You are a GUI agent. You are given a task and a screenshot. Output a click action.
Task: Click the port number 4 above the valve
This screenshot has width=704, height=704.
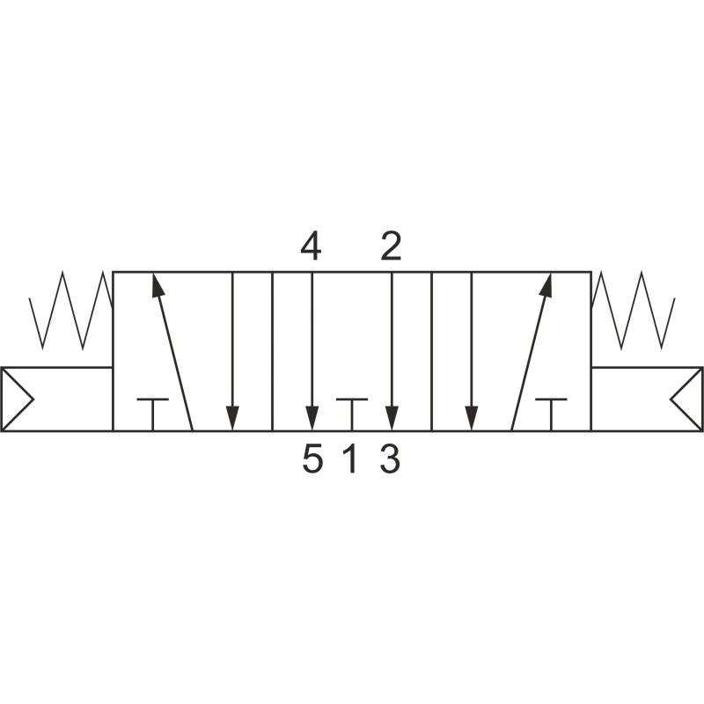(312, 246)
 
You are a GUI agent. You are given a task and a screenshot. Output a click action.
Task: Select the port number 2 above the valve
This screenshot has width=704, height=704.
(391, 246)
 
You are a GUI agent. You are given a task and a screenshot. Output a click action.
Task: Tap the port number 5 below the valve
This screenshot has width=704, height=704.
(312, 459)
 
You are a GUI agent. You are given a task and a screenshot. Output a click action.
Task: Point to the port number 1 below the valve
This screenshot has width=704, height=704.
(350, 459)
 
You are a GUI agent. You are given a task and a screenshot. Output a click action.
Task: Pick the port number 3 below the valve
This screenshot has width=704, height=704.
(390, 459)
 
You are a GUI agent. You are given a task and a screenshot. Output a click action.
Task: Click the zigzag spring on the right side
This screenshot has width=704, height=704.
(633, 310)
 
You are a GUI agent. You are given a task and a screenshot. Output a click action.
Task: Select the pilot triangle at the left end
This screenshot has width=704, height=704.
(17, 399)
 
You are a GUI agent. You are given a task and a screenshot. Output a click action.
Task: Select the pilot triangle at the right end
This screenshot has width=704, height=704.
(686, 399)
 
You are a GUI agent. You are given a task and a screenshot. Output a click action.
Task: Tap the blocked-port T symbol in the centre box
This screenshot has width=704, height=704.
(352, 414)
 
